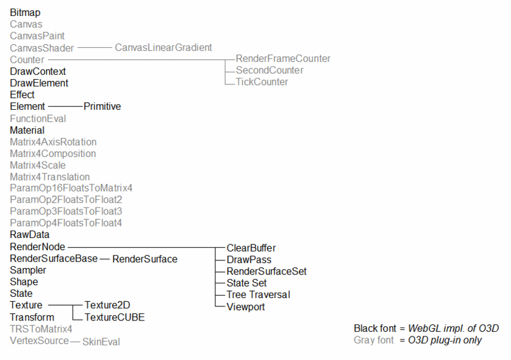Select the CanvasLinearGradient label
[x=163, y=47]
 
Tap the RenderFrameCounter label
[x=283, y=59]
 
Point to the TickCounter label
[x=262, y=82]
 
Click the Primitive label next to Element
[x=102, y=107]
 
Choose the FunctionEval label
[x=38, y=118]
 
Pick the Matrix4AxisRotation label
[x=53, y=142]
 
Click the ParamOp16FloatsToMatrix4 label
[x=71, y=188]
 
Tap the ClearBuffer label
[x=251, y=248]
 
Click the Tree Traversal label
[x=258, y=295]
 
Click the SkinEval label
[x=101, y=341]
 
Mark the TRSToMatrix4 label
[x=41, y=329]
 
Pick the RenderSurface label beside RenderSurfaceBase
[x=144, y=259]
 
